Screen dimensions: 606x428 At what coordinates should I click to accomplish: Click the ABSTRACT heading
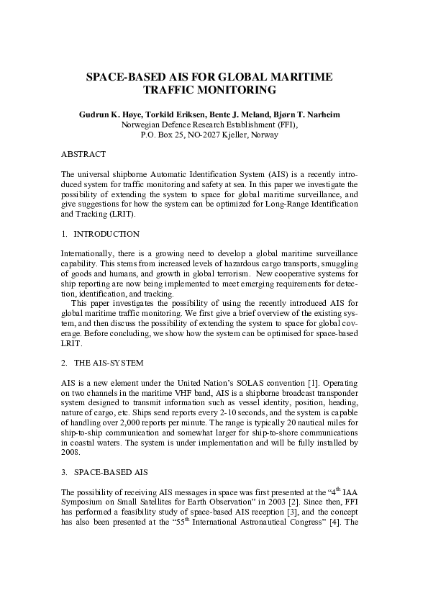[83, 155]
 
